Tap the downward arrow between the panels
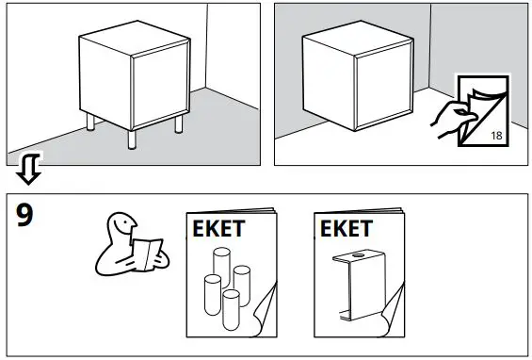click(29, 170)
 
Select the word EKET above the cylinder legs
click(223, 229)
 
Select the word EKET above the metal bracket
click(346, 229)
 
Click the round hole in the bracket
click(361, 257)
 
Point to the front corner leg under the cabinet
click(132, 139)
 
